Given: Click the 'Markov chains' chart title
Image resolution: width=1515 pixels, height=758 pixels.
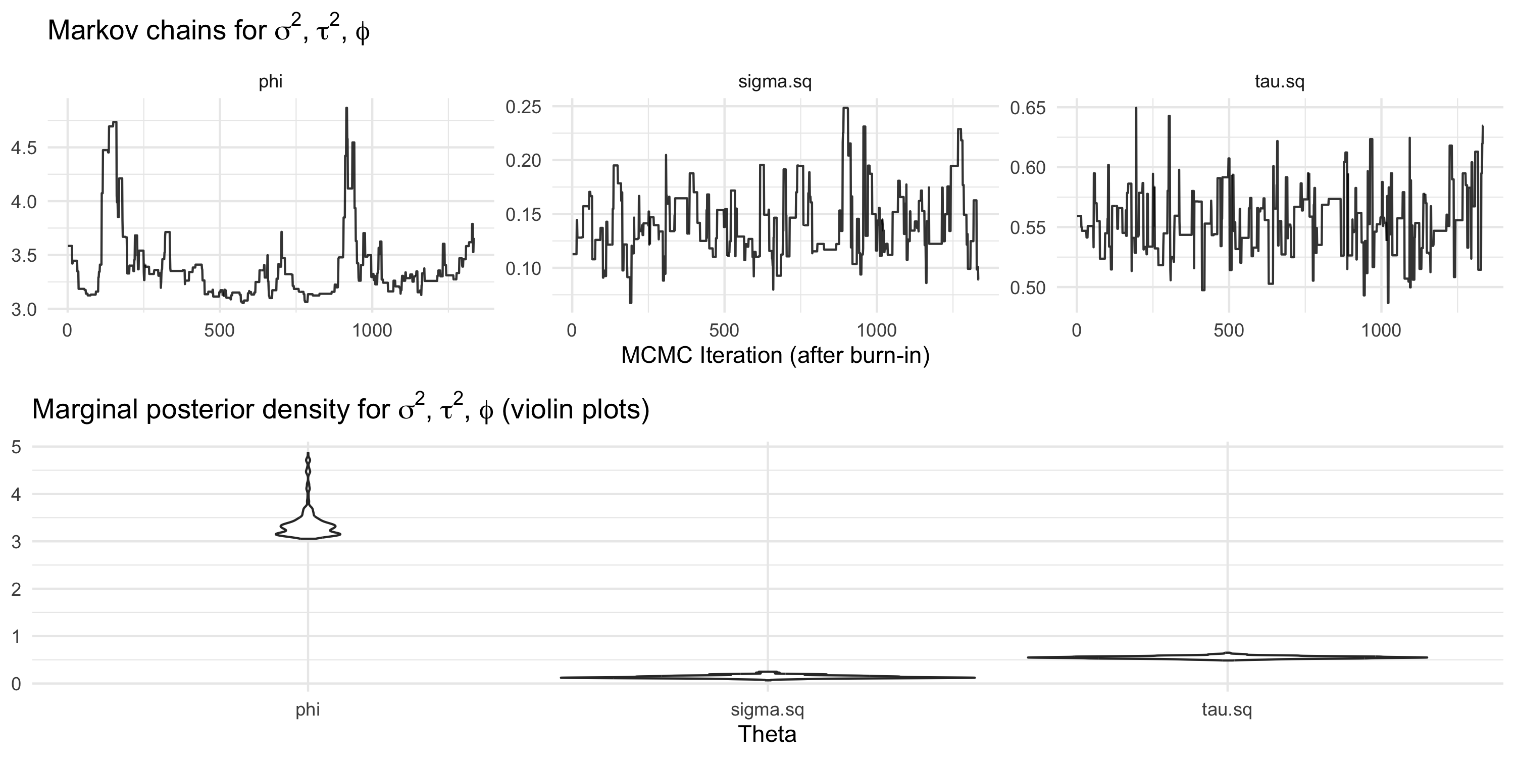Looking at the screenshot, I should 208,31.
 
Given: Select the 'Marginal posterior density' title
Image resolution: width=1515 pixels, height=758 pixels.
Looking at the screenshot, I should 340,410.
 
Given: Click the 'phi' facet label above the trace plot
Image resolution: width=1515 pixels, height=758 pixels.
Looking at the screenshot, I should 271,81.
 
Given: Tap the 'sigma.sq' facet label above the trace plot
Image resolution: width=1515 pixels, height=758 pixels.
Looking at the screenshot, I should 775,81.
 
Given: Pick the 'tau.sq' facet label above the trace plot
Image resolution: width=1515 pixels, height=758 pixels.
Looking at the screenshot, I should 1279,81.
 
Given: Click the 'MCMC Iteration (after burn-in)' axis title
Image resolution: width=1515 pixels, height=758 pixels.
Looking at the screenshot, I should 775,355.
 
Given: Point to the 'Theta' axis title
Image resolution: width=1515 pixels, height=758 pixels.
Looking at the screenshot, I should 767,734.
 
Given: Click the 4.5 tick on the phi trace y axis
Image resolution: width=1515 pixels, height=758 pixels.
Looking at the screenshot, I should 24,148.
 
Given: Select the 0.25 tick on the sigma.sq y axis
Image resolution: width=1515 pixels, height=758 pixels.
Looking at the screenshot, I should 523,107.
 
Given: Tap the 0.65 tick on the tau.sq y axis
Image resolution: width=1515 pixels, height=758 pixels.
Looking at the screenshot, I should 1028,108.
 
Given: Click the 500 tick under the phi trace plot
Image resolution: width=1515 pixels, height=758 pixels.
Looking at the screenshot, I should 219,331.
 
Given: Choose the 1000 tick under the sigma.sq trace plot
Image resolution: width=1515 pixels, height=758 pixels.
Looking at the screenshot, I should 876,331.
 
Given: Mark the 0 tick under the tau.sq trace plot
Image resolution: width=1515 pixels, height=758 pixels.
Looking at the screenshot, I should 1076,331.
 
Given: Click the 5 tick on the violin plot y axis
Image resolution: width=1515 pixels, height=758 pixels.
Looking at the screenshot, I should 16,447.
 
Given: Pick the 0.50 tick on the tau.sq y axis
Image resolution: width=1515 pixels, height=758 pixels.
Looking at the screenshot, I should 1028,288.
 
